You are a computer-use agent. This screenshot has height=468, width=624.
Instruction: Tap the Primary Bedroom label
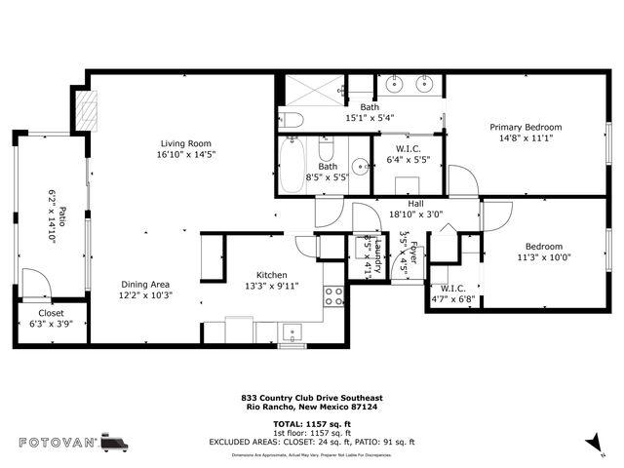coord(526,127)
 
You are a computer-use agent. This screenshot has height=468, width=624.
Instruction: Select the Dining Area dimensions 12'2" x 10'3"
coord(145,295)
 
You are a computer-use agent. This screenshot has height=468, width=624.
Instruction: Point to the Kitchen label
coord(272,275)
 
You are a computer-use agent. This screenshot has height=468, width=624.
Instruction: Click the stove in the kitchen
coord(333,295)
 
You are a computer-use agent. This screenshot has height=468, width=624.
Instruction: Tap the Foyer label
coord(412,252)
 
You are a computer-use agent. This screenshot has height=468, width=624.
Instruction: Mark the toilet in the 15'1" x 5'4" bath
coord(291,120)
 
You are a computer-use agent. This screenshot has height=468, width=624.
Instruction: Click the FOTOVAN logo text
coord(58,443)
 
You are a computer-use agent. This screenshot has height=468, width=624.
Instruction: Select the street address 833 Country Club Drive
coord(312,398)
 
